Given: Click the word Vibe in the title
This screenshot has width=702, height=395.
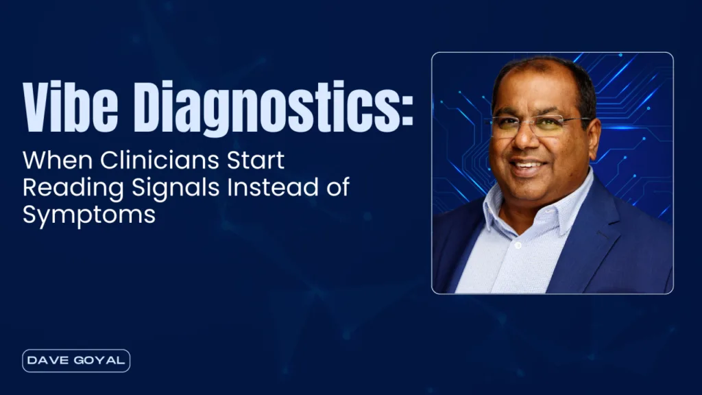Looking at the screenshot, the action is coord(71,107).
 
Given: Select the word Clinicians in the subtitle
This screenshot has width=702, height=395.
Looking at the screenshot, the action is coord(159,160).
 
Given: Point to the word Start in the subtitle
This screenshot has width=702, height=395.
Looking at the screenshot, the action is coord(256,160).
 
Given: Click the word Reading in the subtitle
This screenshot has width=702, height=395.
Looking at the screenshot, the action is coord(73,189).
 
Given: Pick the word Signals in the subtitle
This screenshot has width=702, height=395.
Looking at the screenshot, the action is coord(175,189).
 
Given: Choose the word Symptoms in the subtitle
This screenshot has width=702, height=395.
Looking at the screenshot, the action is coord(89,215).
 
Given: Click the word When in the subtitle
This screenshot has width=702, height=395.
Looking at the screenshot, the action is coord(58,160).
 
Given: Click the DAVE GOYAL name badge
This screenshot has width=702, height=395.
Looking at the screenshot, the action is coord(76,361).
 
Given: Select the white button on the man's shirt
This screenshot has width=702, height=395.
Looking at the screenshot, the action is coord(518,246).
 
